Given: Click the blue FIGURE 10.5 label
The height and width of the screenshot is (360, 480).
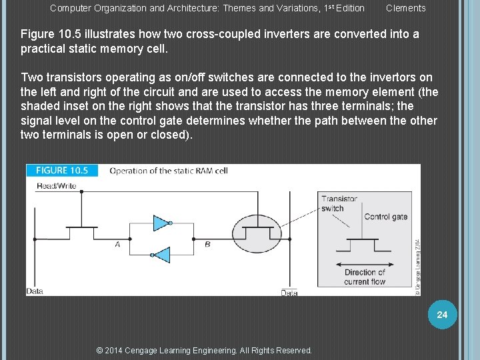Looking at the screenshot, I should pos(61,171).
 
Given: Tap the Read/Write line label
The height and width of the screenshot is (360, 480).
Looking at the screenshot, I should pos(56,186).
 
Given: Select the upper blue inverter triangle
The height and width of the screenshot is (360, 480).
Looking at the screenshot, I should pos(161,223).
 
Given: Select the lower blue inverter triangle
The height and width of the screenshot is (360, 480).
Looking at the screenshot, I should pos(161,255).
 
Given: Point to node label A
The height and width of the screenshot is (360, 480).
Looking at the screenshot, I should pos(117,245).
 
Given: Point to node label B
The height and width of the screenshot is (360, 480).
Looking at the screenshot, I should pos(207,245).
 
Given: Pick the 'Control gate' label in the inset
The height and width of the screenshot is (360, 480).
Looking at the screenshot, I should pos(385,217).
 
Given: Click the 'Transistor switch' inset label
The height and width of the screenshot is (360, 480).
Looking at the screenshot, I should pos(339,203).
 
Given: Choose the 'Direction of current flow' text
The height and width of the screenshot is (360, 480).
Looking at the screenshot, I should pos(365,277).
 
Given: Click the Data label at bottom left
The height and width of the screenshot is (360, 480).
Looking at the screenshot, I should pos(35,291).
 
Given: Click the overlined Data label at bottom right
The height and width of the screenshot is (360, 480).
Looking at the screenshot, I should pos(289,293).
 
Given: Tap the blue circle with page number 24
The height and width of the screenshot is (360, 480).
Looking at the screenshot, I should pos(441,315).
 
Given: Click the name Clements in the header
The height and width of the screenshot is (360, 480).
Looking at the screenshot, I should pos(405,8).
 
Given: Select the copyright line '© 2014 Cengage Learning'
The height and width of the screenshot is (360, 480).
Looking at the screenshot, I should pos(204,350).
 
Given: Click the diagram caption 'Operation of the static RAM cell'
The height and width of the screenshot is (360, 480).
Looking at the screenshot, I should pos(169,171).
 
